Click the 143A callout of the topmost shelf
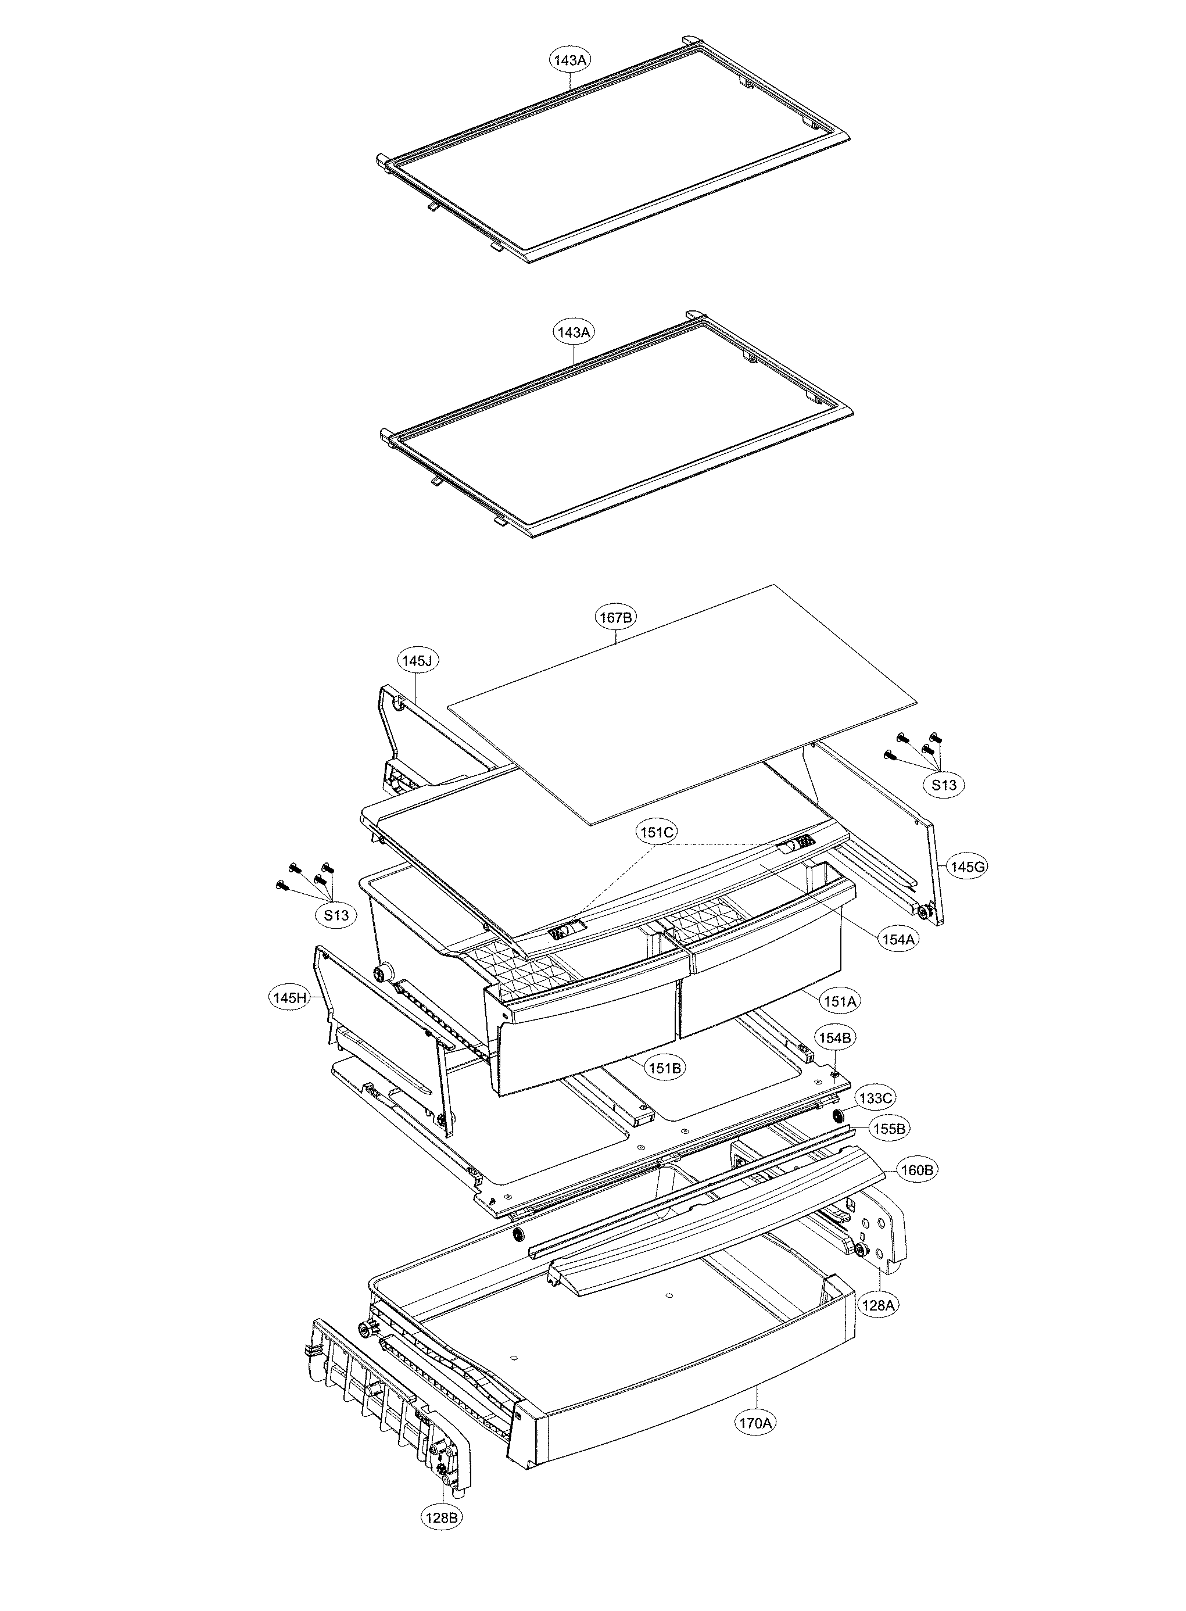point(570,60)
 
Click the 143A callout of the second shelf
point(574,332)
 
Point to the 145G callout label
point(968,867)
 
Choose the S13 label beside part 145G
point(944,785)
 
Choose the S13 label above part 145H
point(336,915)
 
